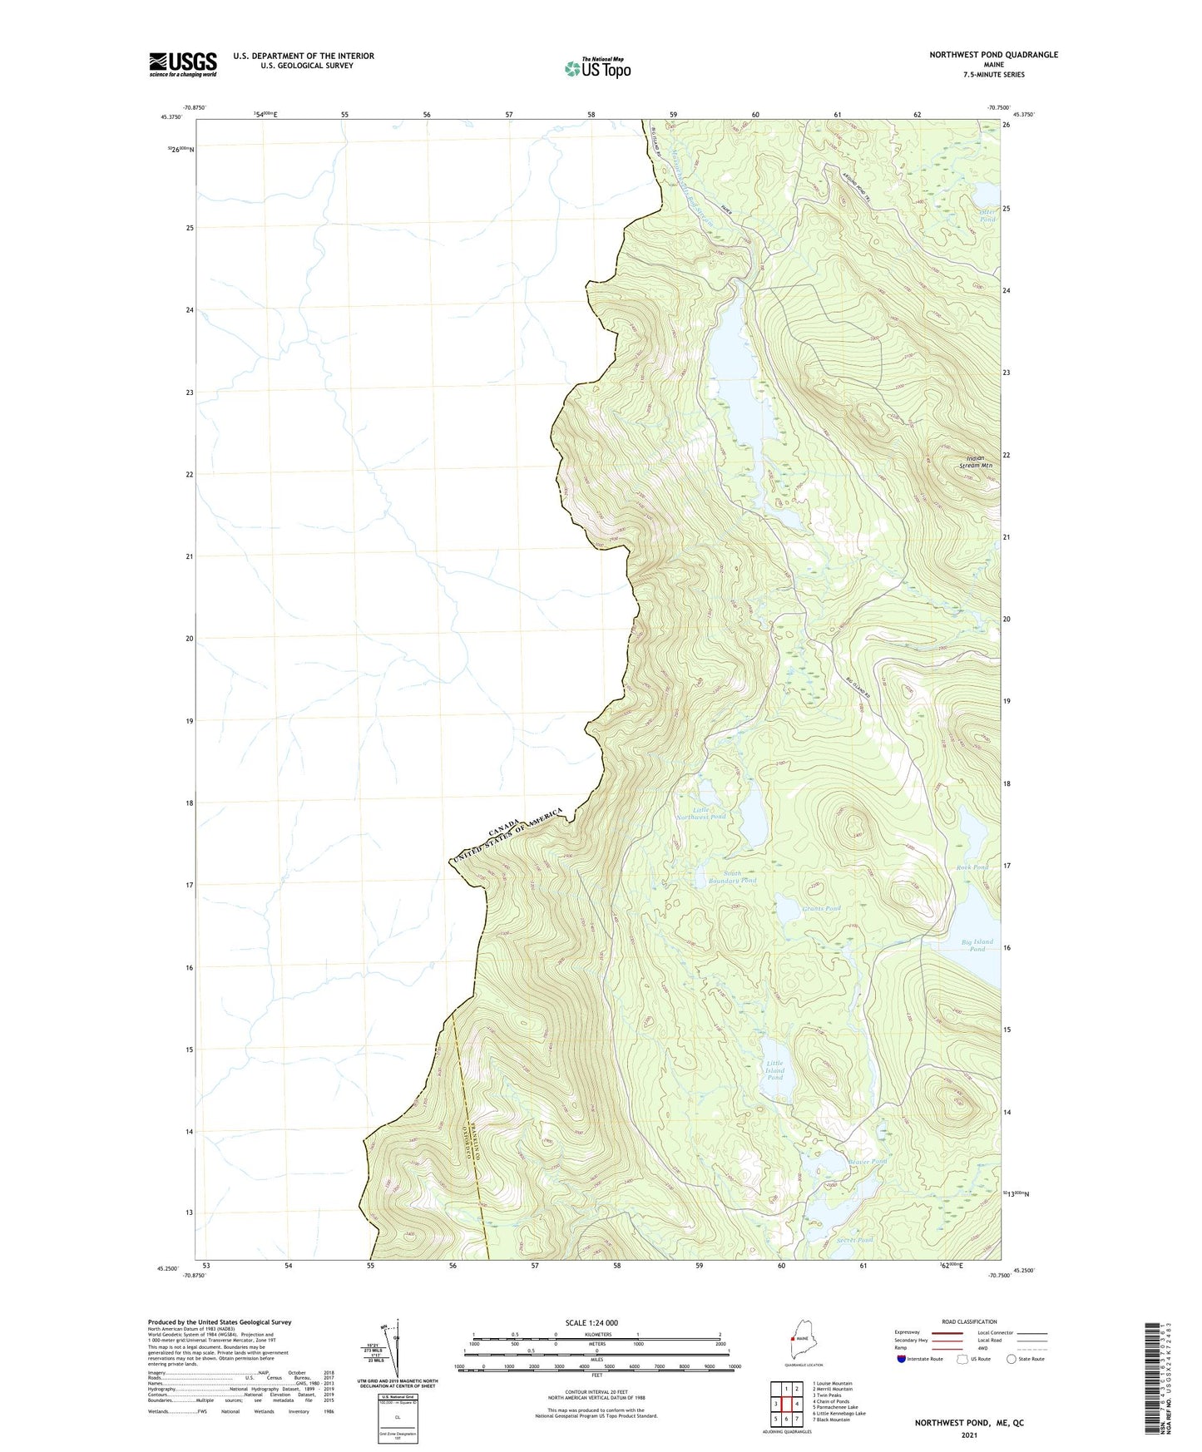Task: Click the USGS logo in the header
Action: pyautogui.click(x=182, y=64)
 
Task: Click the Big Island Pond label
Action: pyautogui.click(x=977, y=946)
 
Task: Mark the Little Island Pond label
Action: pyautogui.click(x=774, y=1070)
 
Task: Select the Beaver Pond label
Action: pyautogui.click(x=868, y=1161)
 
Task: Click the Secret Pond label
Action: pyautogui.click(x=855, y=1240)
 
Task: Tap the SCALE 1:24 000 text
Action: pyautogui.click(x=591, y=1322)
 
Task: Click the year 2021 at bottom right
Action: pyautogui.click(x=969, y=1435)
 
